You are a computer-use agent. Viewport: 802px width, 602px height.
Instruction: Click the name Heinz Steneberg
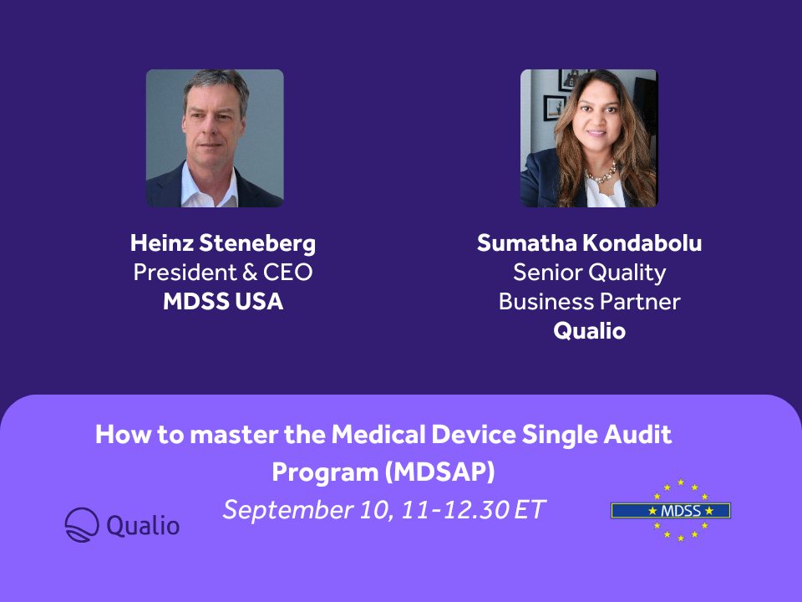pos(223,243)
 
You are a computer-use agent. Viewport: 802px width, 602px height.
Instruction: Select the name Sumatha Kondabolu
pos(589,243)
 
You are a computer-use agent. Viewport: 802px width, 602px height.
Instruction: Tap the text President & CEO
pos(223,273)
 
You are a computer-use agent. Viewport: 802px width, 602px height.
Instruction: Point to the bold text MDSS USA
pos(223,302)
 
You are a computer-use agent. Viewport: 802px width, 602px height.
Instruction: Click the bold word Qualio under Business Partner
pos(589,330)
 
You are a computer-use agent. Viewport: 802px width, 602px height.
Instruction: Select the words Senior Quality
pos(589,273)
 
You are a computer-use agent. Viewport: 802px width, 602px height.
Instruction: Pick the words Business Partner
pos(589,302)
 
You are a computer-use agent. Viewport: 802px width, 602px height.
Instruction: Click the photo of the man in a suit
pos(215,138)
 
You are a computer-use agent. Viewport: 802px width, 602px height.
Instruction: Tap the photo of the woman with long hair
pos(589,138)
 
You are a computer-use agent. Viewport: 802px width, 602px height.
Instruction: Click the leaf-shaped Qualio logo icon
pos(82,524)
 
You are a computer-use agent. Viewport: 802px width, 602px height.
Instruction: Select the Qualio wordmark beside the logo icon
pos(143,525)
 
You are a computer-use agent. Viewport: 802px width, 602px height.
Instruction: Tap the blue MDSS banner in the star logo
pos(670,510)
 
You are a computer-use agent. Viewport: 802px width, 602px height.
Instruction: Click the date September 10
pos(305,509)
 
